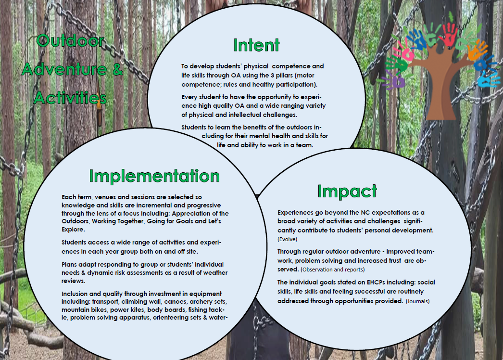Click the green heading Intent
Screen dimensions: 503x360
point(256,45)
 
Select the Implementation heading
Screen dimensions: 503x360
point(154,176)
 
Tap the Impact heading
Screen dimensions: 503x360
point(347,192)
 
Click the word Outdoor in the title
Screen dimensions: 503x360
point(71,41)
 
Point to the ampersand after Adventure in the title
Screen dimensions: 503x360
point(118,69)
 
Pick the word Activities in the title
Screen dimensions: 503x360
point(70,98)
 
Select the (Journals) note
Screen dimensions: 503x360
point(418,301)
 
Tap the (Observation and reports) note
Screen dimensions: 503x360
point(333,270)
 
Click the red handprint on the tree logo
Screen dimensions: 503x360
point(450,34)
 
